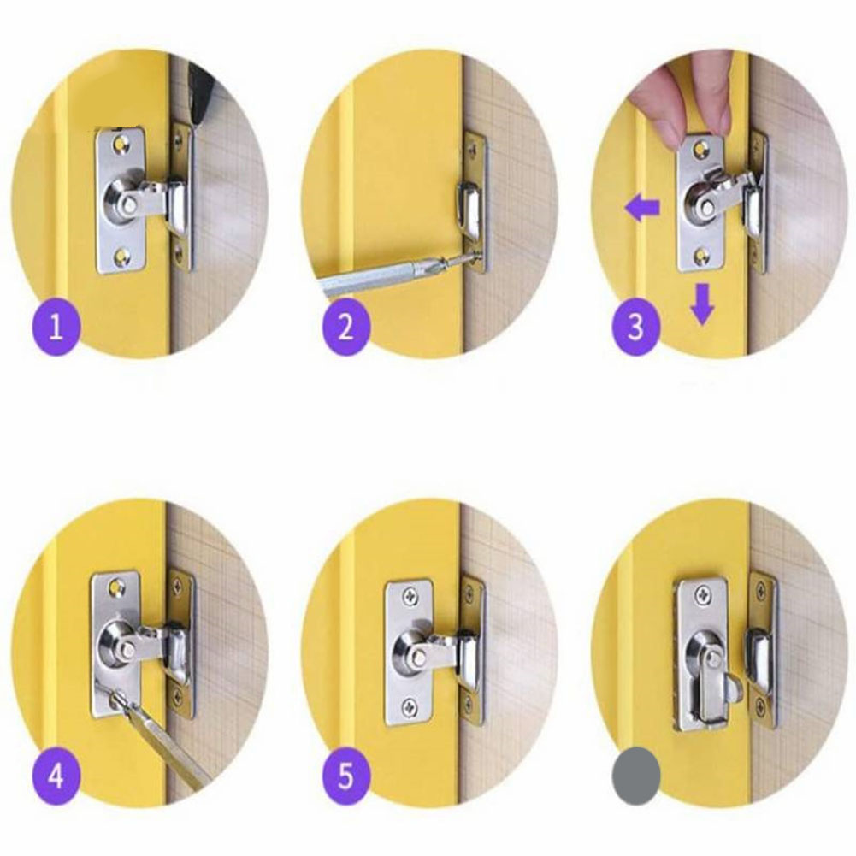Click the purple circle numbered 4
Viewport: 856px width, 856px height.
56,777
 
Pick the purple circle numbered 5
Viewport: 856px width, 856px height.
345,777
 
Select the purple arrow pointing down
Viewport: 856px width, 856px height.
702,304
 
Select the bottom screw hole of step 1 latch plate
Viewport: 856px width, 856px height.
126,253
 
